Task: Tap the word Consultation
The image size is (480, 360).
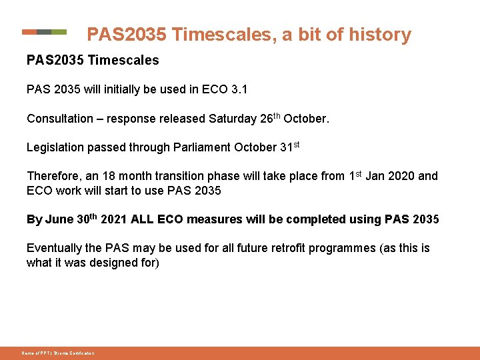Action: pyautogui.click(x=60, y=119)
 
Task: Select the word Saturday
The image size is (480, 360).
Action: pyautogui.click(x=233, y=119)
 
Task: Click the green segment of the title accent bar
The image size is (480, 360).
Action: pyautogui.click(x=59, y=31)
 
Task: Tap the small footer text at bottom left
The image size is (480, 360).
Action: pyautogui.click(x=57, y=353)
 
